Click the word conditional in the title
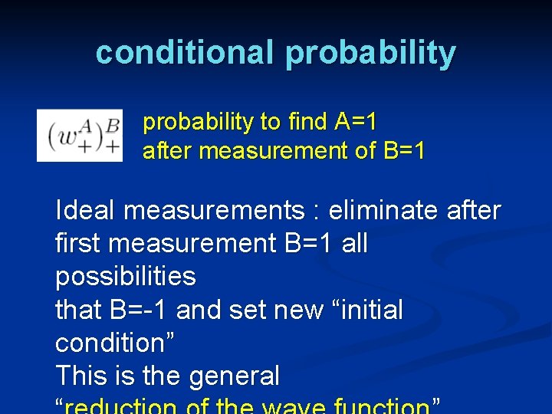[x=185, y=53]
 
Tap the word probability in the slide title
[x=371, y=54]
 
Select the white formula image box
[x=80, y=135]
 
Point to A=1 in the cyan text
[x=356, y=122]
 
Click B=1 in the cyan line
[x=401, y=151]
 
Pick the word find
[x=309, y=122]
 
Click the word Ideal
[x=86, y=210]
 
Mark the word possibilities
[x=126, y=277]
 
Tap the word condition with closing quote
[x=115, y=343]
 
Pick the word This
[x=82, y=376]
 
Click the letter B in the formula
[x=113, y=123]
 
